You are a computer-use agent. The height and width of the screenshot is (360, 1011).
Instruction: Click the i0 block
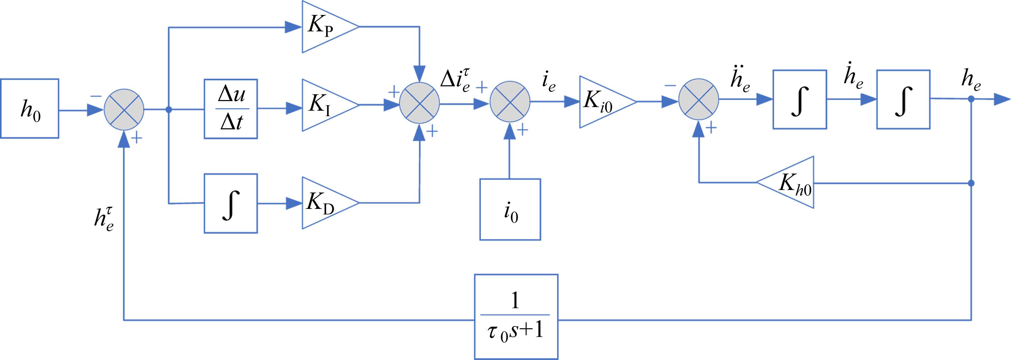[x=510, y=209]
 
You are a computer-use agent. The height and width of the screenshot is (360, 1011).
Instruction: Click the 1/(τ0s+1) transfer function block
[x=516, y=316]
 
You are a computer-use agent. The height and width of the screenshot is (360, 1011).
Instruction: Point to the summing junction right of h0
[x=124, y=110]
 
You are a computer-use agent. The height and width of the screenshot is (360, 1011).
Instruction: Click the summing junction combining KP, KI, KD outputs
[x=419, y=104]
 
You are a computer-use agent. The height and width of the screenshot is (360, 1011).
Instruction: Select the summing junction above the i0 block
[x=509, y=102]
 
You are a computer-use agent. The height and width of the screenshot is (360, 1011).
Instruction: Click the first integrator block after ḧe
[x=799, y=99]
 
